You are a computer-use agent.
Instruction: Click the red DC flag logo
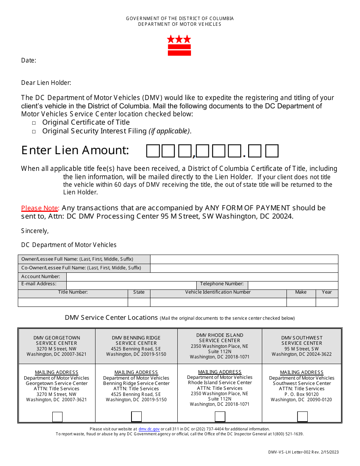pos(179,45)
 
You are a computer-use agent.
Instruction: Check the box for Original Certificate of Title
pos(34,123)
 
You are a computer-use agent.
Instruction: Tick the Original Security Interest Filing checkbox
pos(34,131)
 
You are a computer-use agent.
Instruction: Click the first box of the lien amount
pos(153,151)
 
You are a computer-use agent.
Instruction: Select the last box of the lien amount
pos(272,151)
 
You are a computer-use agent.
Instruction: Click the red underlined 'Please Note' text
pos(40,208)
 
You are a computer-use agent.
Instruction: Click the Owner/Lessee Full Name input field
pos(244,259)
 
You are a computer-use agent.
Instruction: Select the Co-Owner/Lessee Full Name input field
pos(244,268)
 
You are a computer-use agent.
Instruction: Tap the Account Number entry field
pos(202,277)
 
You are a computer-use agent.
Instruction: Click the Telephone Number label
pos(222,284)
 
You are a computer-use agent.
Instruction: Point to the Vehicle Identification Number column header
pos(218,292)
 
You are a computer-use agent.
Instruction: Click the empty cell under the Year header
pos(327,302)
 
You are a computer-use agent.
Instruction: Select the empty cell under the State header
pos(139,302)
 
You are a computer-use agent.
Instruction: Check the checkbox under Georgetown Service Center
pos(57,417)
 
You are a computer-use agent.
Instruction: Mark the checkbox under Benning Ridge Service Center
pos(136,417)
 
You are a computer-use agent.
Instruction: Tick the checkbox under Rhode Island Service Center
pos(220,417)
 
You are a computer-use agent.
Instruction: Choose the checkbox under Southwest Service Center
pos(302,417)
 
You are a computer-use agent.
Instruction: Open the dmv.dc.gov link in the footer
pos(149,429)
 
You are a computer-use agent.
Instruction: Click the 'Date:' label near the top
pos(29,60)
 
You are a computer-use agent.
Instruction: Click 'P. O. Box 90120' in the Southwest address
pos(302,394)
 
